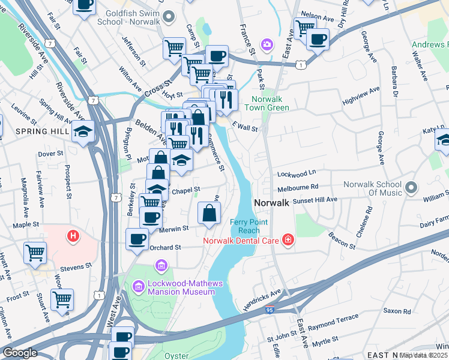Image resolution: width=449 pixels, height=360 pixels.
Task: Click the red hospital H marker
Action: [x=73, y=236]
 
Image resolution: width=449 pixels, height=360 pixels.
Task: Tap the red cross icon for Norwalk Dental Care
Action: [x=288, y=241]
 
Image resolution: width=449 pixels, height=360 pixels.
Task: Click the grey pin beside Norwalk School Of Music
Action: [x=411, y=188]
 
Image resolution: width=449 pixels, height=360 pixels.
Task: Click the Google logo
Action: [x=20, y=353]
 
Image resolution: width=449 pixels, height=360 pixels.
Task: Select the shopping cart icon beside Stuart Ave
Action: [x=62, y=298]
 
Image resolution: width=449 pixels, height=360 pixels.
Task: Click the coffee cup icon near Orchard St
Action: [x=137, y=239]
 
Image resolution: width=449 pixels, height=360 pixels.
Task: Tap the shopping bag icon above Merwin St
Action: [x=209, y=213]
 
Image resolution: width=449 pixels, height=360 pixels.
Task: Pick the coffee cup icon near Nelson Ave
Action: [x=318, y=39]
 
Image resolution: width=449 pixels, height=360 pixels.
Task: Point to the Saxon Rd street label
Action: [x=397, y=311]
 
